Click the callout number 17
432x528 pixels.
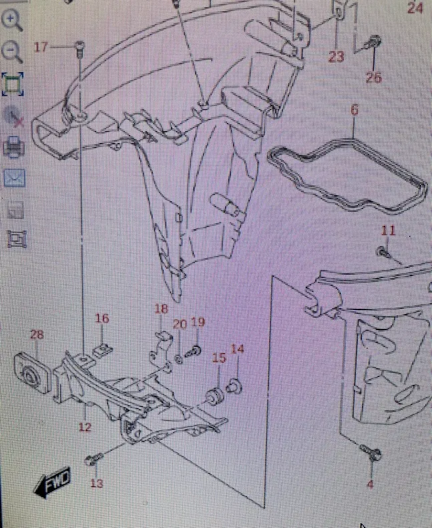point(41,47)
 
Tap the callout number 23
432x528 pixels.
point(336,57)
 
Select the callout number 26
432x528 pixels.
point(373,78)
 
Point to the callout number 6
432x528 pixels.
point(354,110)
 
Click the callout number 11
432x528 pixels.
point(389,231)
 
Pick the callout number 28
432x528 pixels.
point(36,334)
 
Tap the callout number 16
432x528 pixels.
point(101,319)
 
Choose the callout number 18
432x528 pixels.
point(161,309)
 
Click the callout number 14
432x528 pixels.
point(238,349)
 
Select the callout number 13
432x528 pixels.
point(97,483)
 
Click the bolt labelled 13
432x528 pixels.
point(92,460)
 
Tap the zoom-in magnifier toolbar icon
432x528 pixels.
point(13,21)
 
